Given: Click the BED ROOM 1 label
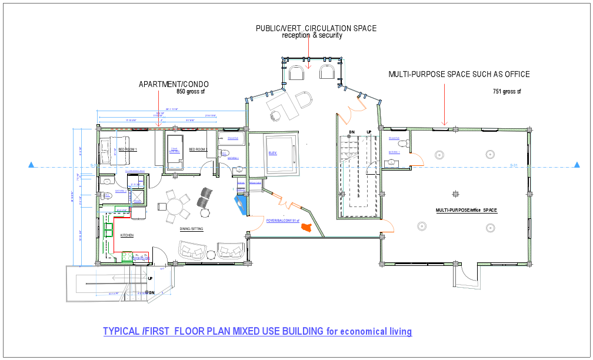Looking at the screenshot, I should (128, 150).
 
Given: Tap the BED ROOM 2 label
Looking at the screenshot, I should (198, 150).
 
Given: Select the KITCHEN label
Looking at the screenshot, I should (128, 235).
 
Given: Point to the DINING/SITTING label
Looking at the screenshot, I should (191, 229).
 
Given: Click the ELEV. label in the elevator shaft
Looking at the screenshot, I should (273, 153).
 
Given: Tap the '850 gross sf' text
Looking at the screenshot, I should (191, 92).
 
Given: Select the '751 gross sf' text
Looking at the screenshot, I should (507, 92).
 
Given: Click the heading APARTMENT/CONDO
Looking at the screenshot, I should (174, 84).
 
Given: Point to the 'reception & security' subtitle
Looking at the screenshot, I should (312, 35).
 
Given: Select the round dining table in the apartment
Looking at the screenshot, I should (176, 206).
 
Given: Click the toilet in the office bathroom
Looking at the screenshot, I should (403, 144).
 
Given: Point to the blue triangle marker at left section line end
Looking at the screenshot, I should (31, 166).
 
